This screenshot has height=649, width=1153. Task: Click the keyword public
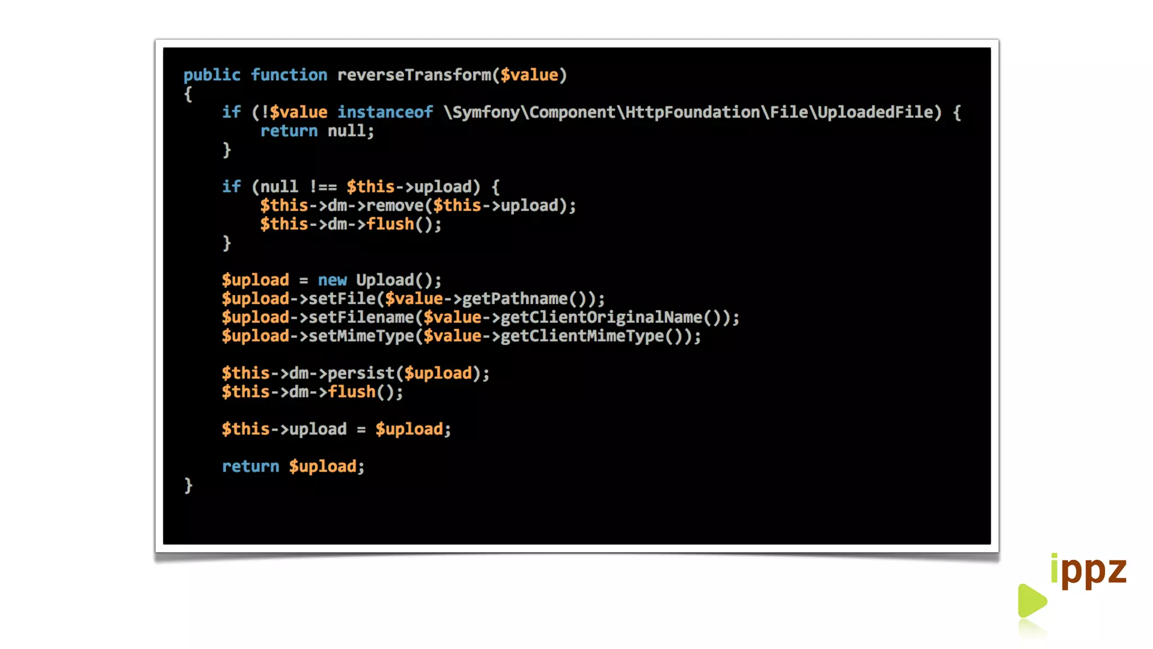212,75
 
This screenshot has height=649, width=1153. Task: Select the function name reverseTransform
414,75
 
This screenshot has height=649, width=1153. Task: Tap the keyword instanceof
385,112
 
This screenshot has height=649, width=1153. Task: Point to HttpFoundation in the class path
692,112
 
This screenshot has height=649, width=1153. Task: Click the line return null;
316,131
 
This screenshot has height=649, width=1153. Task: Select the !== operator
323,186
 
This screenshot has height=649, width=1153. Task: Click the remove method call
394,205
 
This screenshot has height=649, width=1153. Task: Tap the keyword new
332,280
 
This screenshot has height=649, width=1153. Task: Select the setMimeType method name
361,336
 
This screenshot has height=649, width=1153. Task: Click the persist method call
361,373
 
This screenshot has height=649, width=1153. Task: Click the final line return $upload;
293,466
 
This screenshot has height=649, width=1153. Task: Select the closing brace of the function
189,485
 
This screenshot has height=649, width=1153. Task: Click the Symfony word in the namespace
486,112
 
